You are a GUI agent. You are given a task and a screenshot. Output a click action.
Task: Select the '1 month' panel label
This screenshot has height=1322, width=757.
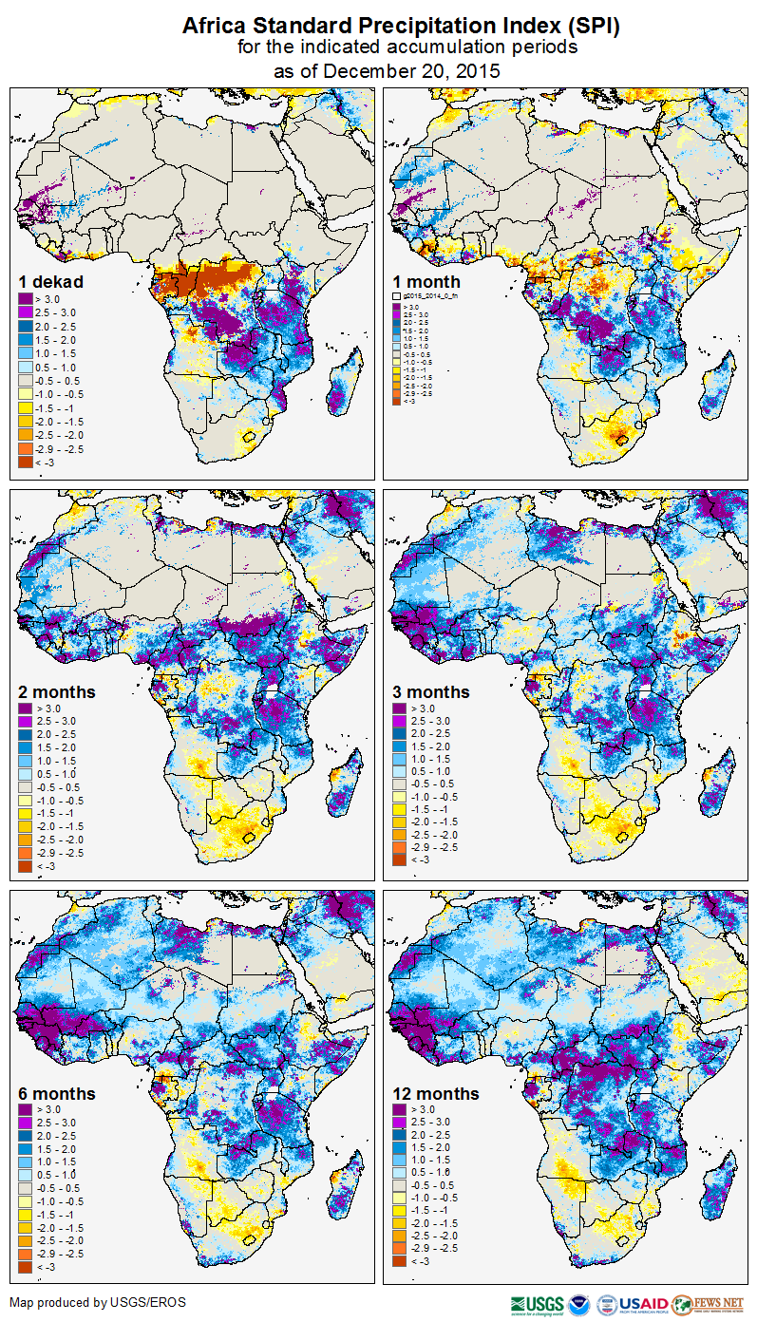click(x=427, y=282)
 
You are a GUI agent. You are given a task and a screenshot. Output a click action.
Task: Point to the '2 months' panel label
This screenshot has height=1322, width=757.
click(x=58, y=691)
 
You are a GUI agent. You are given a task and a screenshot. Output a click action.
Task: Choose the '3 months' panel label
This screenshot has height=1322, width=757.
click(x=431, y=691)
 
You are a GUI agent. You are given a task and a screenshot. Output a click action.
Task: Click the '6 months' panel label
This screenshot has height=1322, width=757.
click(x=58, y=1094)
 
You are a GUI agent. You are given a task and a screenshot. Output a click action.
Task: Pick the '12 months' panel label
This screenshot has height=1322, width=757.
click(x=436, y=1094)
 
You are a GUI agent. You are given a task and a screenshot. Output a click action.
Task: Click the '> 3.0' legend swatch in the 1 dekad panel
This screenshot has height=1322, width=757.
click(x=25, y=300)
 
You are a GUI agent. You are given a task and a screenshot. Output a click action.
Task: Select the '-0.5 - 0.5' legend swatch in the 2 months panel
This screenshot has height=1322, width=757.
click(x=25, y=787)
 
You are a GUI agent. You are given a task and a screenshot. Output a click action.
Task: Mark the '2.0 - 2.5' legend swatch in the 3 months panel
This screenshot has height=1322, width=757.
click(x=400, y=734)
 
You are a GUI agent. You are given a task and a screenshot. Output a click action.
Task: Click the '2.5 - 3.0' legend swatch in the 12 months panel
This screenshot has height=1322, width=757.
click(x=400, y=1123)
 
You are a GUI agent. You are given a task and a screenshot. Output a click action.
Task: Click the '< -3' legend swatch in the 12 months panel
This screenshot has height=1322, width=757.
click(x=400, y=1261)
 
